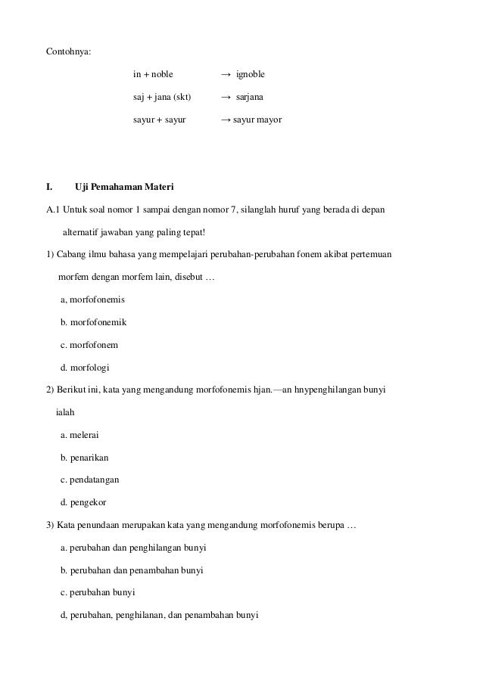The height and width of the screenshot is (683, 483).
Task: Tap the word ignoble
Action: pyautogui.click(x=251, y=74)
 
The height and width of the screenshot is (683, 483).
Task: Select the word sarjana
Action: pyautogui.click(x=250, y=97)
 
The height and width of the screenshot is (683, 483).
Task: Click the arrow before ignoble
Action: pyautogui.click(x=226, y=74)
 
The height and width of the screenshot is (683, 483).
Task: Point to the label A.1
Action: pyautogui.click(x=54, y=210)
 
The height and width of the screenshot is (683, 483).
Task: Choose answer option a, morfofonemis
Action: pyautogui.click(x=92, y=300)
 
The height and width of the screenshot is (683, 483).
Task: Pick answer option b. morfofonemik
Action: pyautogui.click(x=93, y=323)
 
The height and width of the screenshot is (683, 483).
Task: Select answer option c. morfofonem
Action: pyautogui.click(x=89, y=345)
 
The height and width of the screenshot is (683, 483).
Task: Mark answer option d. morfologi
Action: pyautogui.click(x=85, y=368)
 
